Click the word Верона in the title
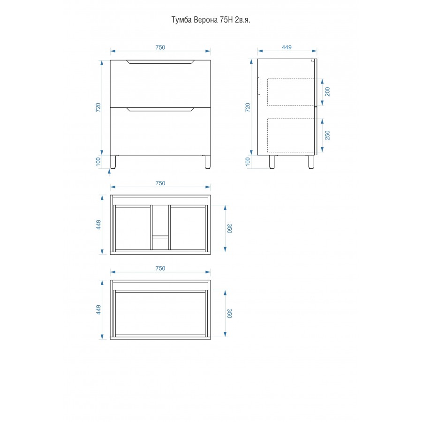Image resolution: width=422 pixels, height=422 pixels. [x=206, y=20]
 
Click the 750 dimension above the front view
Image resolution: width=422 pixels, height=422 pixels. [x=160, y=47]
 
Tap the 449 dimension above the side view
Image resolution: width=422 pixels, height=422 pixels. [x=286, y=47]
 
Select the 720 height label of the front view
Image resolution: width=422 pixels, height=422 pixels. [x=98, y=107]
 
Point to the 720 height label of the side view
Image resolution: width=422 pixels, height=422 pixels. [x=248, y=107]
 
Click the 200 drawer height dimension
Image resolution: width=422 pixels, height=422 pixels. [x=328, y=92]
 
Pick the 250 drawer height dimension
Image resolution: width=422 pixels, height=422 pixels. [x=328, y=135]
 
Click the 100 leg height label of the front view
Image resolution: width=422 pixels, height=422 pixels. [x=98, y=162]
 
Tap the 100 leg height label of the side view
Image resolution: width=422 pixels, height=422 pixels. [x=248, y=162]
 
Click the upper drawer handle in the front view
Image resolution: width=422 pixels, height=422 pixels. [x=160, y=62]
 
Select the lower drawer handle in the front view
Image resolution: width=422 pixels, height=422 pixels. [x=160, y=109]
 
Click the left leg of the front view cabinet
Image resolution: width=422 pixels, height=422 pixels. [x=113, y=162]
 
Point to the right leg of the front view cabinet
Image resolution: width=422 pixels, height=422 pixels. [x=208, y=162]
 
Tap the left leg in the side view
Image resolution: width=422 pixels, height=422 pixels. [x=272, y=162]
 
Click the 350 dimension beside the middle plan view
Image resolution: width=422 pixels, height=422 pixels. [x=229, y=228]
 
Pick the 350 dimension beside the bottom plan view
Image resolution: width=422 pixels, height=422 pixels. [x=229, y=314]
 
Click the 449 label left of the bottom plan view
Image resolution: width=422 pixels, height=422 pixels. [x=98, y=310]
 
